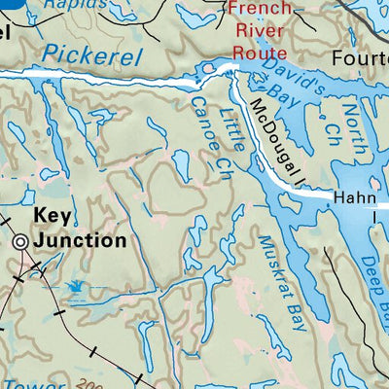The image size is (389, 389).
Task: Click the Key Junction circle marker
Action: coord(22,243)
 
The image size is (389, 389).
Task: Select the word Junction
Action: coord(80,239)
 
